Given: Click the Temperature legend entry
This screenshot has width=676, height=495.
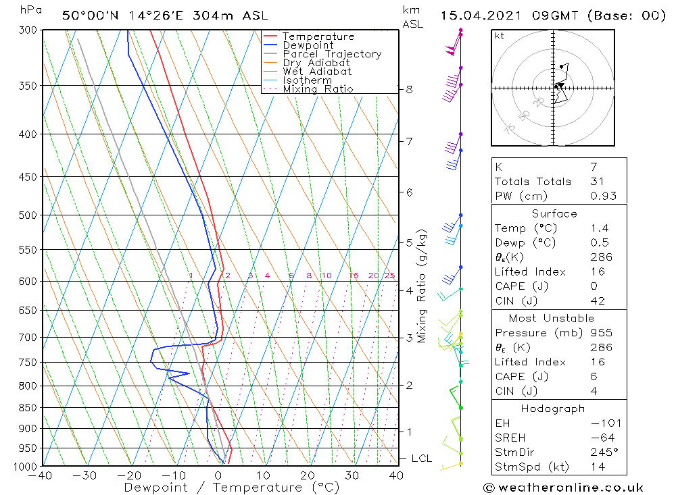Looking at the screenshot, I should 318,36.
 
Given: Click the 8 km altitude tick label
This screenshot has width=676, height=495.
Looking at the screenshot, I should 409,89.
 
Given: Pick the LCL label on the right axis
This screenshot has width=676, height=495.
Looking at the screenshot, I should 421,459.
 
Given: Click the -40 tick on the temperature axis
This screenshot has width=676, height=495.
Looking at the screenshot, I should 41,476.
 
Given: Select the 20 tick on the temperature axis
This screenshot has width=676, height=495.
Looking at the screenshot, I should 308,476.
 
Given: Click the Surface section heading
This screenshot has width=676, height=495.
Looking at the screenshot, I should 554,213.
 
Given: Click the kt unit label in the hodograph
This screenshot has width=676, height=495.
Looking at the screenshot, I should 500,36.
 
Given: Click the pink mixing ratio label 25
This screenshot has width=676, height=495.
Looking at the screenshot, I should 389,276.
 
